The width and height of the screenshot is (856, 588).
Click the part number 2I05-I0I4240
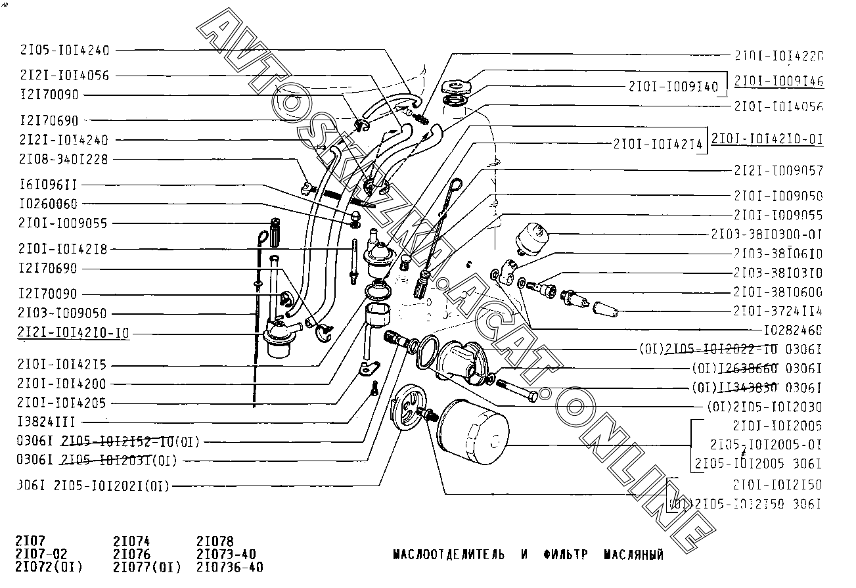65,50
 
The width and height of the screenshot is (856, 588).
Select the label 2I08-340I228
64,159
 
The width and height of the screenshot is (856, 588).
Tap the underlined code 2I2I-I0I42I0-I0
74,333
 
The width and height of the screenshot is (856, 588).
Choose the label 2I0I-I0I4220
778,57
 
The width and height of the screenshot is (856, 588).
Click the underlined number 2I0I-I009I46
779,82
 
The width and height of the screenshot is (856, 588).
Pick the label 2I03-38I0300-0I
767,234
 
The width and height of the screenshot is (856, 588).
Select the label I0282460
793,330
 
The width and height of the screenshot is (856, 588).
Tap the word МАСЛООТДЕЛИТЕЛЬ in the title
449,554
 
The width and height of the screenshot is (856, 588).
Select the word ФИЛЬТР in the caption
566,554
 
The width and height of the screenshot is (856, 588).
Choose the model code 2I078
215,541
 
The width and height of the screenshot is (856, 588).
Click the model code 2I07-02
41,554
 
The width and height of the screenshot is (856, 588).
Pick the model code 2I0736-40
230,567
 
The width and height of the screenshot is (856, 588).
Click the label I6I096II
49,185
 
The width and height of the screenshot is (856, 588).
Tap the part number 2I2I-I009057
778,171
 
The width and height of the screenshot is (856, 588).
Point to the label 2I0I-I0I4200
62,384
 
